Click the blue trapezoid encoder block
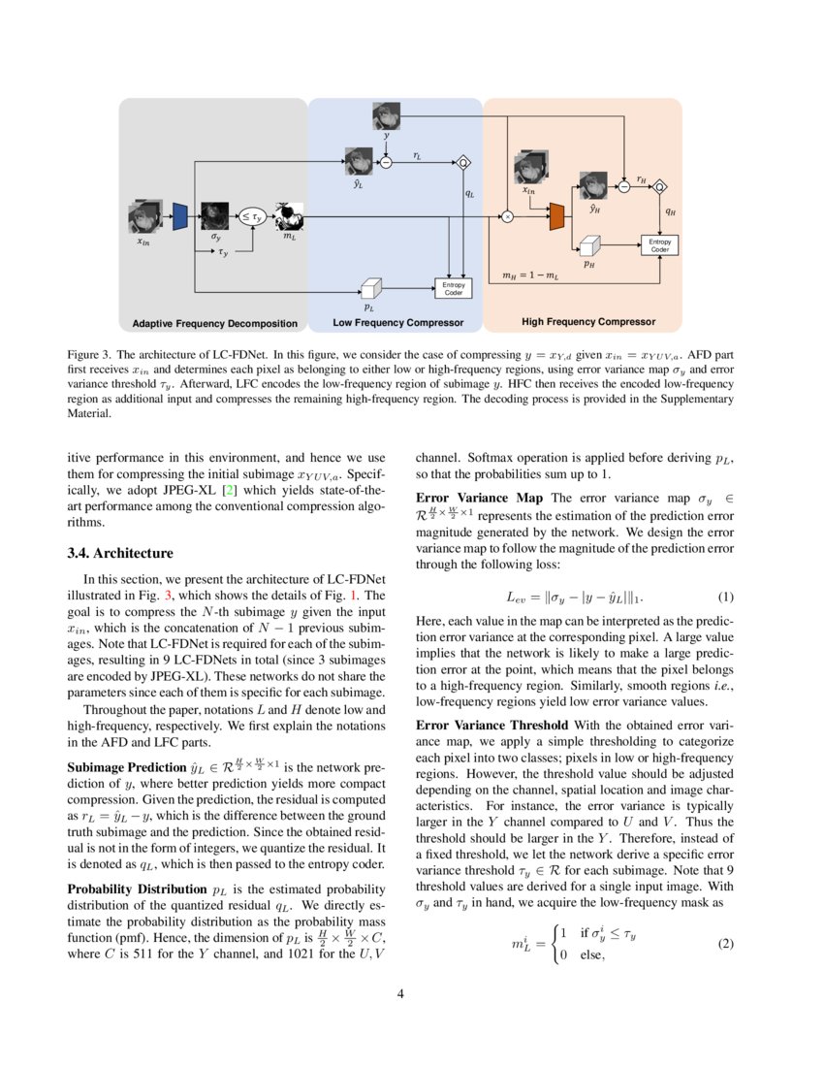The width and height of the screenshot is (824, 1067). point(179,217)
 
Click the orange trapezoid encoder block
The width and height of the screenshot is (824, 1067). point(556,217)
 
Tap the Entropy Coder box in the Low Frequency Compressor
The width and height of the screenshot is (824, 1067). point(454,288)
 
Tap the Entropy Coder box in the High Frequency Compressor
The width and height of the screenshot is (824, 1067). point(659,245)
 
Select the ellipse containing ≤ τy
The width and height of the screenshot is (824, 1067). point(252,217)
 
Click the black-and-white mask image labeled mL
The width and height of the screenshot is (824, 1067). point(290,216)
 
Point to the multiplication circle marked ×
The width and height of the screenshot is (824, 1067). point(506,217)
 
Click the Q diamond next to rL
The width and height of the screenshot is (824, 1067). point(463,162)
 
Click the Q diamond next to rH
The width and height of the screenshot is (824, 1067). point(661,186)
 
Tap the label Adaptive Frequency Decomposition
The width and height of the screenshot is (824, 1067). point(214,322)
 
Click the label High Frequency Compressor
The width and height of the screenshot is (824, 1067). point(588,321)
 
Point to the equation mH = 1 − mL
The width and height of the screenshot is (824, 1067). point(530,276)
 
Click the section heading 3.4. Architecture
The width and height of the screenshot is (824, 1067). point(120,554)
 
